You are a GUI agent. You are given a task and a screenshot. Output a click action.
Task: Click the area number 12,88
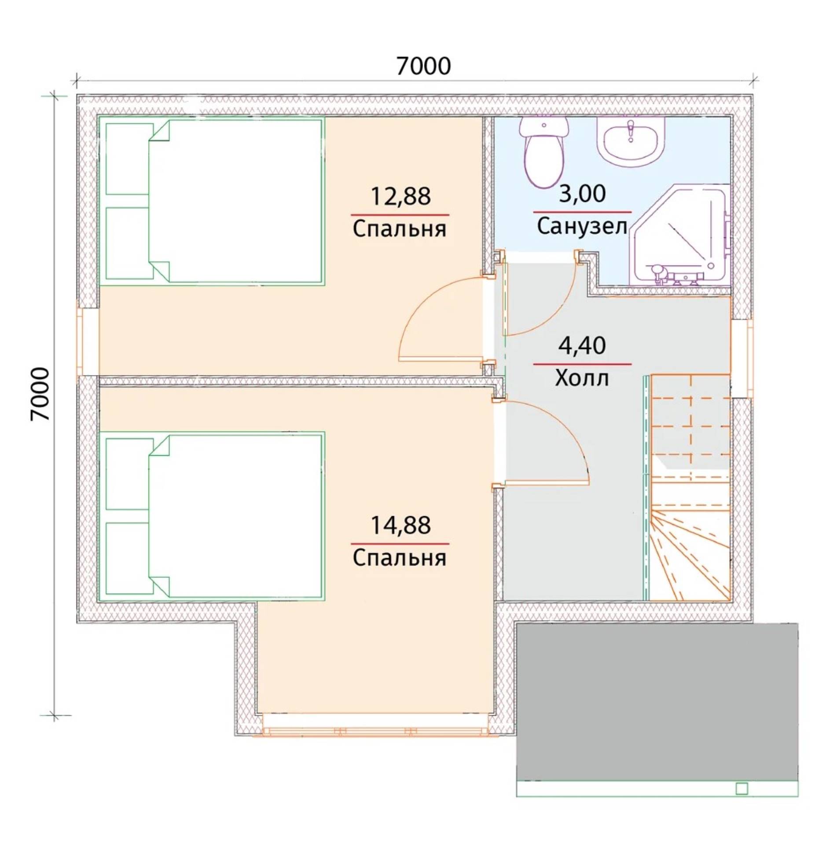tap(400, 196)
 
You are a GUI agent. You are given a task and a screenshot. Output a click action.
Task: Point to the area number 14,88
tap(400, 525)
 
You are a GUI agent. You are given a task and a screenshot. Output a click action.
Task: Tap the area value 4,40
tap(582, 345)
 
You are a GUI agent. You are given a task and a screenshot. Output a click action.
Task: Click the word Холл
tap(582, 378)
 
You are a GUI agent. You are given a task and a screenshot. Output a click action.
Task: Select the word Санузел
tap(582, 227)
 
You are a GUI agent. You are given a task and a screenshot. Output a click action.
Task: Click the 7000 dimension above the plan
tap(423, 66)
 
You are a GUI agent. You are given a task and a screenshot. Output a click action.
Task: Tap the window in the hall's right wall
tap(743, 358)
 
